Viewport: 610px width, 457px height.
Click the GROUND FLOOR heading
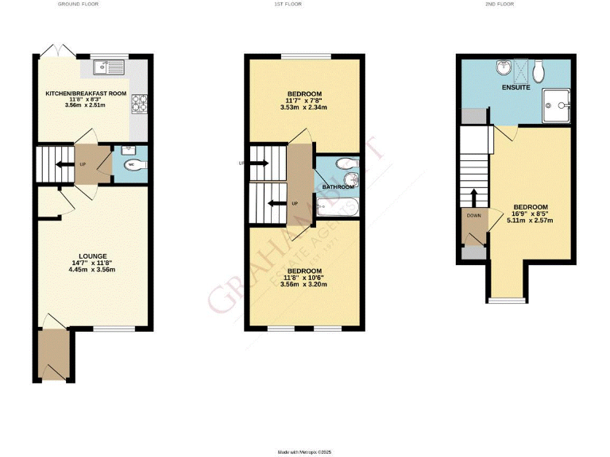tap(77, 5)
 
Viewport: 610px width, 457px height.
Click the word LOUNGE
tap(92, 256)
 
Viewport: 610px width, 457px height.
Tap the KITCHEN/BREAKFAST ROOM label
tap(86, 94)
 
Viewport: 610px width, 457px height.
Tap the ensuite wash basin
tap(502, 67)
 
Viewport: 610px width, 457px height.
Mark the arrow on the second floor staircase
tap(475, 195)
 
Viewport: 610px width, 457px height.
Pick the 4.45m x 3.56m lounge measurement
tap(92, 270)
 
